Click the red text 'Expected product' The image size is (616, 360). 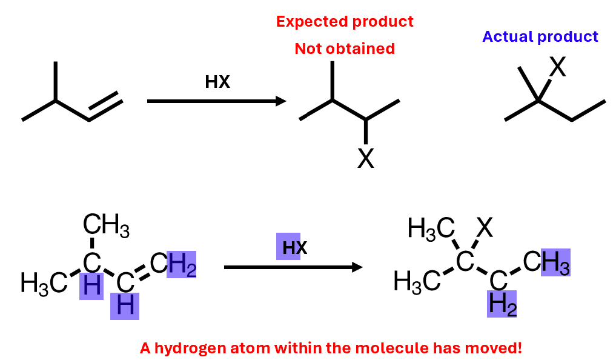pyautogui.click(x=345, y=22)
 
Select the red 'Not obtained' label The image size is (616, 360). pyautogui.click(x=345, y=48)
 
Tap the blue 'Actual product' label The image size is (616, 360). pyautogui.click(x=540, y=37)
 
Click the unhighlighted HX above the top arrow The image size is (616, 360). pyautogui.click(x=217, y=82)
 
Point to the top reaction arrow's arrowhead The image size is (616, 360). pyautogui.click(x=281, y=101)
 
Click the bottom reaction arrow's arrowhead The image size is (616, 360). pyautogui.click(x=357, y=267)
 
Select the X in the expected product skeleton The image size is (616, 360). pyautogui.click(x=366, y=159)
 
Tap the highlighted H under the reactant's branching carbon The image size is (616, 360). pyautogui.click(x=93, y=285)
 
